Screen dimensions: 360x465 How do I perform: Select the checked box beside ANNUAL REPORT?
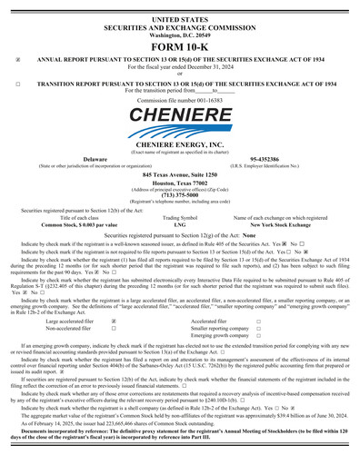(x=19, y=60)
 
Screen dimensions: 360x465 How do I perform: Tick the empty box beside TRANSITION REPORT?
(x=19, y=83)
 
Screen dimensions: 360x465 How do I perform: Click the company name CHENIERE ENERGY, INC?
(x=179, y=143)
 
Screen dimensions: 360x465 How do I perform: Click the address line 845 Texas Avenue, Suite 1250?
(x=179, y=173)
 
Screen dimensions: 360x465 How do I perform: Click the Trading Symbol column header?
(x=179, y=218)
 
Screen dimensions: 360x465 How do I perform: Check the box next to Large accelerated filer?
(x=112, y=321)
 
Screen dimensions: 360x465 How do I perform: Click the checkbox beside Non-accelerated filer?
(x=112, y=329)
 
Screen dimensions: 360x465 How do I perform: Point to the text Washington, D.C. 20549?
(x=179, y=34)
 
